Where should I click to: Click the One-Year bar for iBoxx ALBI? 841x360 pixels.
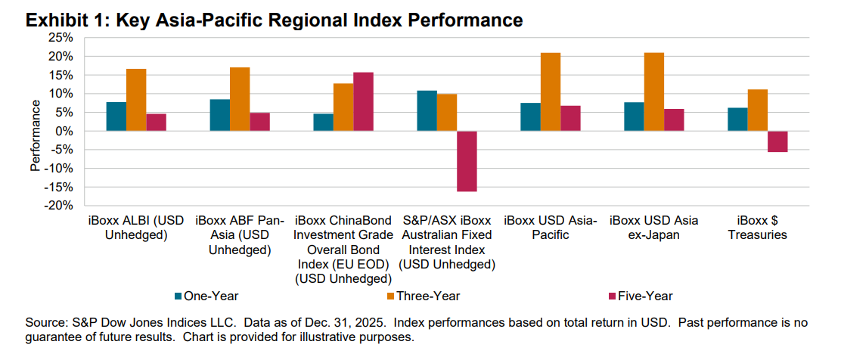point(116,116)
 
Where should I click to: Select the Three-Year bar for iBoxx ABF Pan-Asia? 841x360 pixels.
point(239,99)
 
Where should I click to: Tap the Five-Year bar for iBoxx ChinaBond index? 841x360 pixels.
point(362,101)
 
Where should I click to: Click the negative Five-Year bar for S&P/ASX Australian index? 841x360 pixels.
point(466,161)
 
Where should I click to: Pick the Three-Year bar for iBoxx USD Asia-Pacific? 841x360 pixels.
point(551,92)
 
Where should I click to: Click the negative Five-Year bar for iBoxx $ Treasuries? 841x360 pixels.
point(777,141)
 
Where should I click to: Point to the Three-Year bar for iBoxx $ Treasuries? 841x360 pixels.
point(757,110)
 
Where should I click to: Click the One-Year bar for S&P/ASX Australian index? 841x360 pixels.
point(427,110)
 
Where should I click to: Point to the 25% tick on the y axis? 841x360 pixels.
point(61,38)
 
